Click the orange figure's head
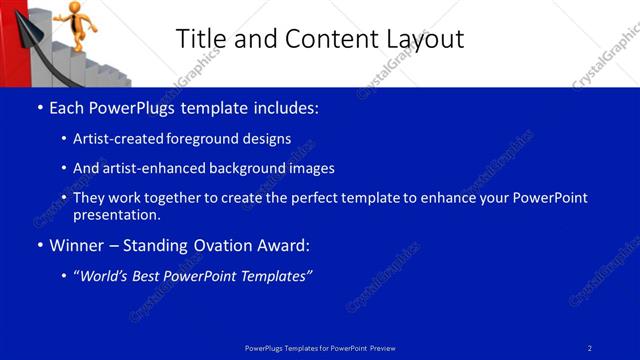(76, 7)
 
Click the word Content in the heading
(324, 39)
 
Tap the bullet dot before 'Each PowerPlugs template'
(39, 108)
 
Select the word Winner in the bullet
(76, 244)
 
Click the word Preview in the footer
(382, 348)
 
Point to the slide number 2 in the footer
(590, 348)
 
